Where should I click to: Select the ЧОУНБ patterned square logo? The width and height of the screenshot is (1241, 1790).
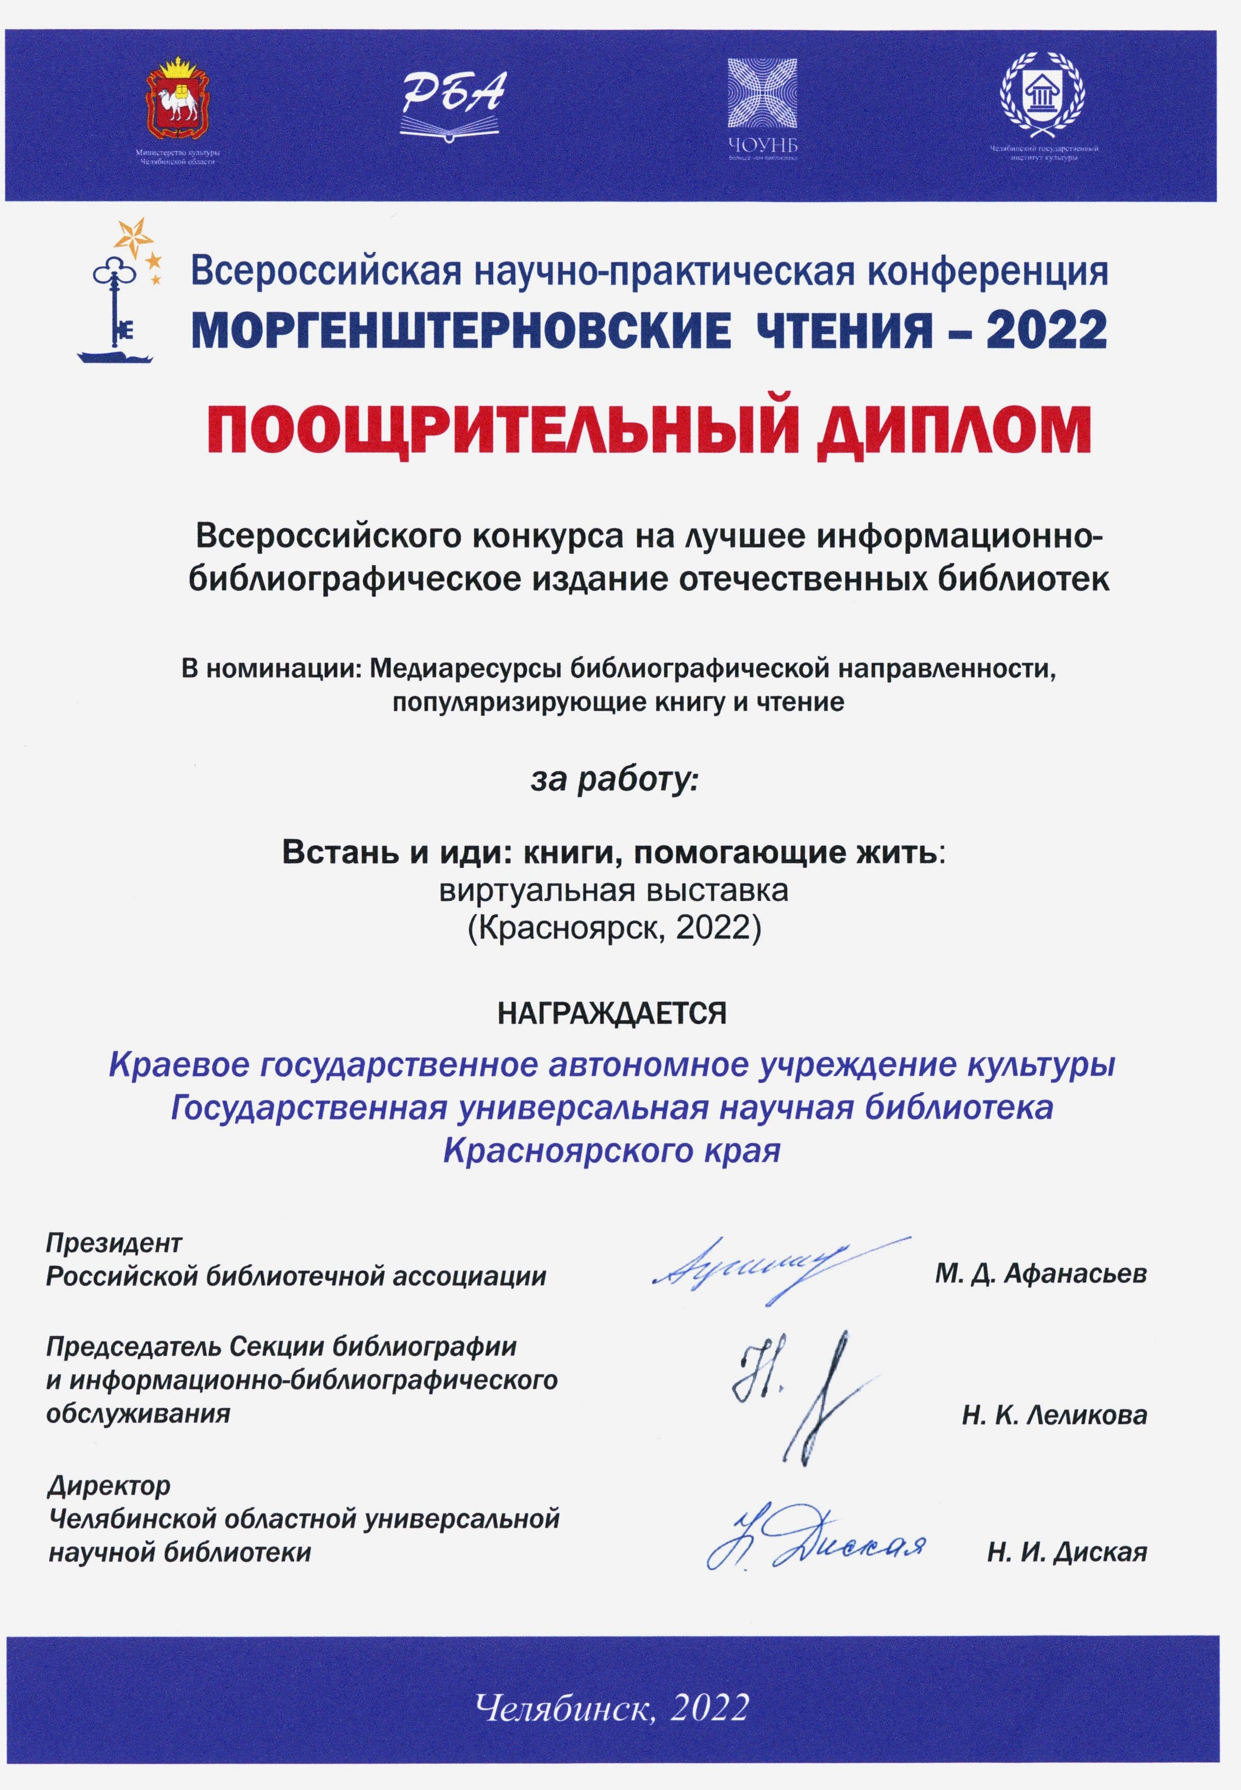tap(762, 94)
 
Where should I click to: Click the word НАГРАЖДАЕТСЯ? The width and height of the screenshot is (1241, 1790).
tap(612, 1013)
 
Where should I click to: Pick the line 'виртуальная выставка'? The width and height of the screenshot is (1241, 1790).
tap(614, 891)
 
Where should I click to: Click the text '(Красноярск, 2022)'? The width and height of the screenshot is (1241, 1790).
tap(614, 928)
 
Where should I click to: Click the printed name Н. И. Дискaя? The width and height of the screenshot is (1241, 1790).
tap(1067, 1552)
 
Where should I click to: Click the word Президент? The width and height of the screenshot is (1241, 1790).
tap(114, 1243)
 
